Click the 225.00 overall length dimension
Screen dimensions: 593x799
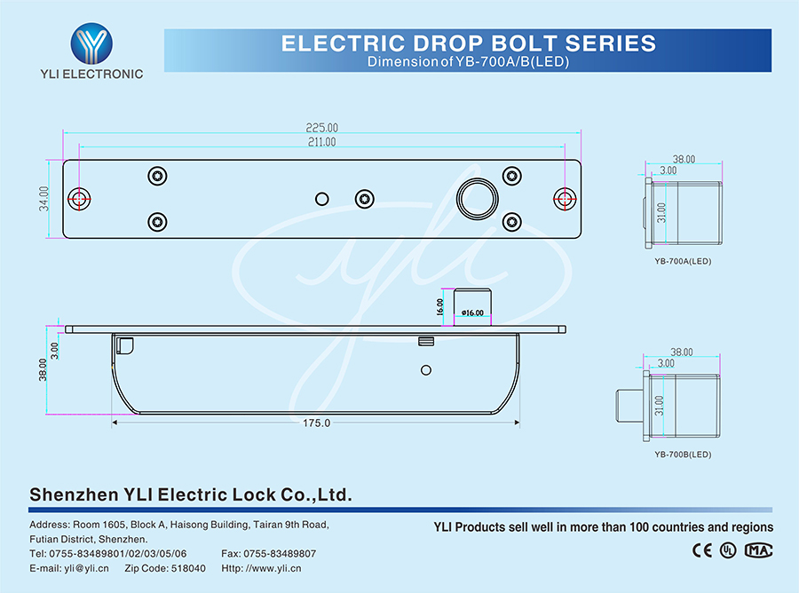coord(321,128)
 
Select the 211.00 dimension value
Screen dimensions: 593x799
coord(321,142)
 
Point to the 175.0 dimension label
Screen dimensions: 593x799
coord(316,423)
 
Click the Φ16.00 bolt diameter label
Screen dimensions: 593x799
coord(473,312)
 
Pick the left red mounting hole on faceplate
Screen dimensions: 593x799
coord(80,199)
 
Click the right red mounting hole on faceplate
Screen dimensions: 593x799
coord(564,199)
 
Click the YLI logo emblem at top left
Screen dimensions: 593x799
coord(91,42)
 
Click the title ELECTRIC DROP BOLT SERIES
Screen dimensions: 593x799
coord(469,43)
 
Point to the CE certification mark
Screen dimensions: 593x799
coord(701,550)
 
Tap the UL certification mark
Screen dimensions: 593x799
coord(728,550)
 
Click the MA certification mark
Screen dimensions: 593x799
coord(757,550)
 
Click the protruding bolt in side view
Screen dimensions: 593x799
coord(473,306)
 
